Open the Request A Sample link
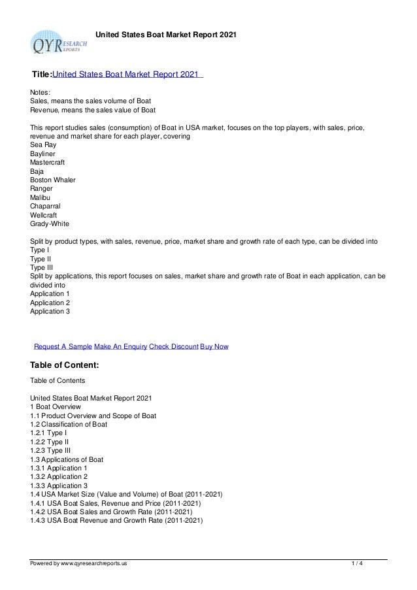point(63,346)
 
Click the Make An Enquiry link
point(120,346)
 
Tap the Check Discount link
point(173,346)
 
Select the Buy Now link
point(214,346)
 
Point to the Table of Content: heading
point(65,365)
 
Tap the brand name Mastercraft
point(48,162)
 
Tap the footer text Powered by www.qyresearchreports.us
point(79,564)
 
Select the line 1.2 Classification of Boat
point(69,424)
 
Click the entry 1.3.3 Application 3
point(59,486)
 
